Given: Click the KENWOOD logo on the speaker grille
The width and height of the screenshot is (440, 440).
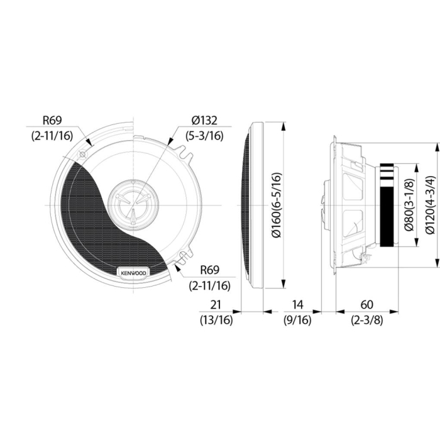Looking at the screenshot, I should click(x=133, y=273).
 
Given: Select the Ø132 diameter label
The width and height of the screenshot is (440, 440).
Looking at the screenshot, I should click(x=205, y=120).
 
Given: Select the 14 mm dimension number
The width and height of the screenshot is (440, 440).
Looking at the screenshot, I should click(x=298, y=304).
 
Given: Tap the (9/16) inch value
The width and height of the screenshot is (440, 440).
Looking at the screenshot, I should click(x=298, y=319).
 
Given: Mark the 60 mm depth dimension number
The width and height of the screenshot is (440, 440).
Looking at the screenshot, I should click(x=367, y=304).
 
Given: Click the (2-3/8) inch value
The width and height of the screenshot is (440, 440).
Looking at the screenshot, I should click(x=367, y=319).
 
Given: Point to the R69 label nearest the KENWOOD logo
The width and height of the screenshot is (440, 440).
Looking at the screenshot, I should click(x=210, y=270).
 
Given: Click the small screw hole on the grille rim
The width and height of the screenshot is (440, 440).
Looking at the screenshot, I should click(x=82, y=155).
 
